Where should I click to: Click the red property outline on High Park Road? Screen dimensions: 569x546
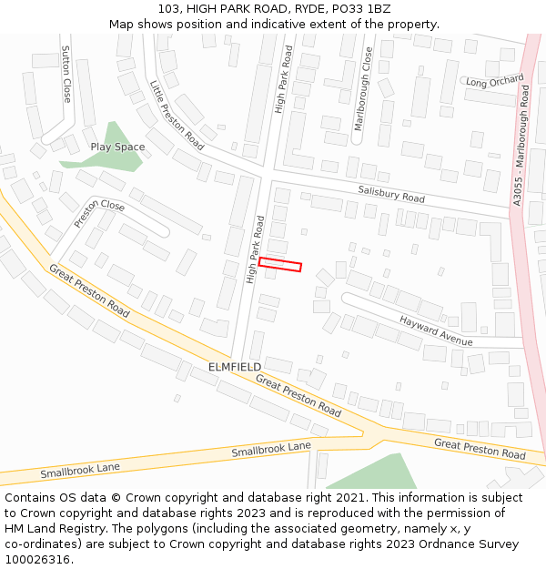click(280, 264)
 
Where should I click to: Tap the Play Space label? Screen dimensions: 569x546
click(117, 147)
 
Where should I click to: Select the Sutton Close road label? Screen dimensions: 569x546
click(66, 74)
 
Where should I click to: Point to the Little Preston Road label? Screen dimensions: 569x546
click(177, 115)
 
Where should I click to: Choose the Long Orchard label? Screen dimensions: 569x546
click(495, 82)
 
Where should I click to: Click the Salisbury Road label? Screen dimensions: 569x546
click(391, 193)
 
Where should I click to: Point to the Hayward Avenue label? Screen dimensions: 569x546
click(437, 330)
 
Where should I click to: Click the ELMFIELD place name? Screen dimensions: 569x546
click(235, 366)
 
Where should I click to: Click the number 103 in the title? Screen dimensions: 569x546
click(169, 9)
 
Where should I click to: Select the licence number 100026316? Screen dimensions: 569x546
click(37, 559)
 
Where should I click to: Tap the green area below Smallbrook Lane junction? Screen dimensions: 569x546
click(373, 472)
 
